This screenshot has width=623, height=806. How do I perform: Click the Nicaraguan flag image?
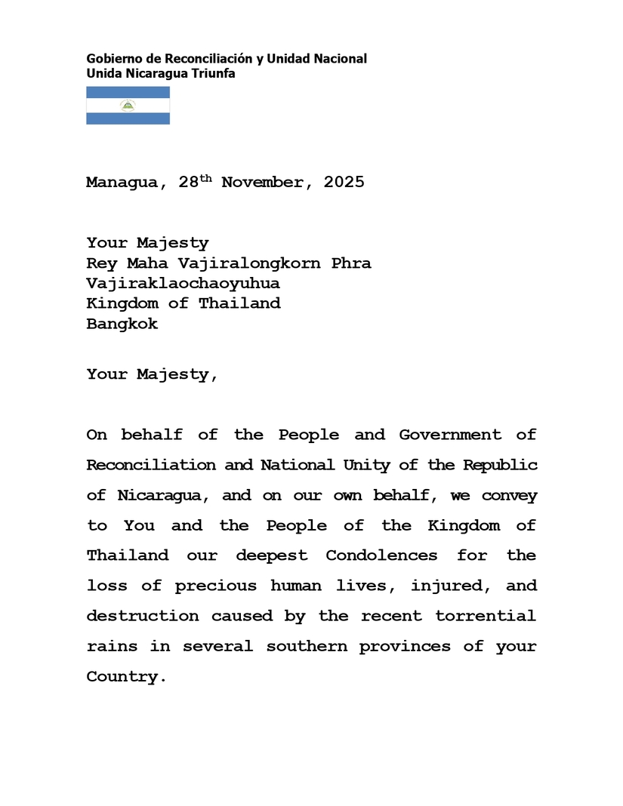(x=128, y=106)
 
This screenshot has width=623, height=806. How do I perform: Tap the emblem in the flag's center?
(x=128, y=106)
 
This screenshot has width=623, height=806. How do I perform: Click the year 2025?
(x=344, y=183)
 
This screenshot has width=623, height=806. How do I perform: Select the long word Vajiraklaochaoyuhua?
(x=183, y=284)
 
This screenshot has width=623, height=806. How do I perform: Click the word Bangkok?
(x=122, y=325)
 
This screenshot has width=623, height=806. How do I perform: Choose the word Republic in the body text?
(x=501, y=465)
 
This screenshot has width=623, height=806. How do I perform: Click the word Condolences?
(x=381, y=555)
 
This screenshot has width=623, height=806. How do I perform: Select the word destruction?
(x=143, y=616)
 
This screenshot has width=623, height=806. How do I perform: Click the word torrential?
(x=486, y=616)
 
